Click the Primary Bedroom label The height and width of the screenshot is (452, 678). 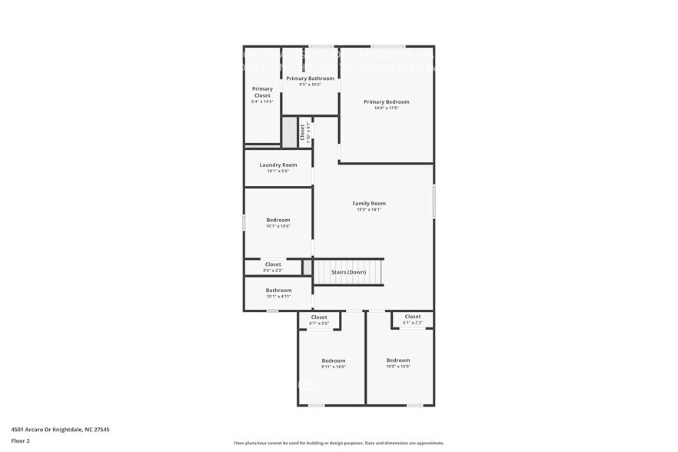point(386,101)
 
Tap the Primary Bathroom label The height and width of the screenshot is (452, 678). point(310,78)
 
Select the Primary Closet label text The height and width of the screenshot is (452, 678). point(262,91)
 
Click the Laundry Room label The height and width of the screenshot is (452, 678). point(278,165)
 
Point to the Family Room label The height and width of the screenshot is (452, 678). point(369,203)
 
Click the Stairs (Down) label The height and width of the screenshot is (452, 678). point(348,272)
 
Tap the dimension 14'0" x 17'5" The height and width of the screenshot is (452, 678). point(386,108)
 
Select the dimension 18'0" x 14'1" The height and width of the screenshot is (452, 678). point(369,210)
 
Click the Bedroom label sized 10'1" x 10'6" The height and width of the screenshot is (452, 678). point(278,220)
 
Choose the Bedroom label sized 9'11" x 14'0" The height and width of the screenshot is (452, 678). point(333,360)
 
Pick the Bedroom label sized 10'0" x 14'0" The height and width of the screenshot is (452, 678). point(397,360)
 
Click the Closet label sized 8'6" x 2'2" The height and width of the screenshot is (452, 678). point(273,264)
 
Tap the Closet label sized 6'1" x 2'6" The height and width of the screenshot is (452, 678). point(319,317)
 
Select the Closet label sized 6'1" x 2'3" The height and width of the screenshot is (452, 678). point(412,316)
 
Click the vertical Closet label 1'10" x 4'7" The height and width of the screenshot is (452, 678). point(303,132)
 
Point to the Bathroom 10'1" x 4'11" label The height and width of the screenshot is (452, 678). point(278,290)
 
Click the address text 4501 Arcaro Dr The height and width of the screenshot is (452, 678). point(60,430)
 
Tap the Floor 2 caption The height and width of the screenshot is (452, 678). point(20,440)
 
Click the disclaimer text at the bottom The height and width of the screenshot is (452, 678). point(338,444)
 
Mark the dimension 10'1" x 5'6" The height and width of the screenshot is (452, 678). point(278,171)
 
